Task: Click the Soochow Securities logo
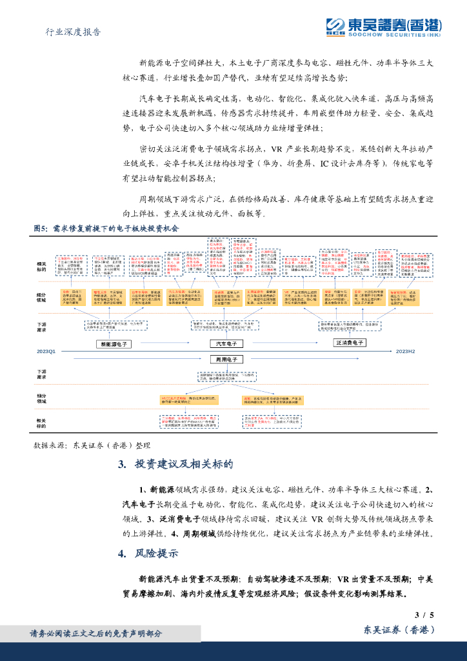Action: click(383, 26)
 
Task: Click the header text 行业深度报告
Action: click(75, 32)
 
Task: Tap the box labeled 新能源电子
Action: click(114, 345)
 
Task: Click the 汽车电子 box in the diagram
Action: click(226, 343)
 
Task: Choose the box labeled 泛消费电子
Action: click(350, 342)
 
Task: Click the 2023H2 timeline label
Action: click(405, 351)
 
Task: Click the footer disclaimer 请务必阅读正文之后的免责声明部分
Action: click(96, 633)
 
